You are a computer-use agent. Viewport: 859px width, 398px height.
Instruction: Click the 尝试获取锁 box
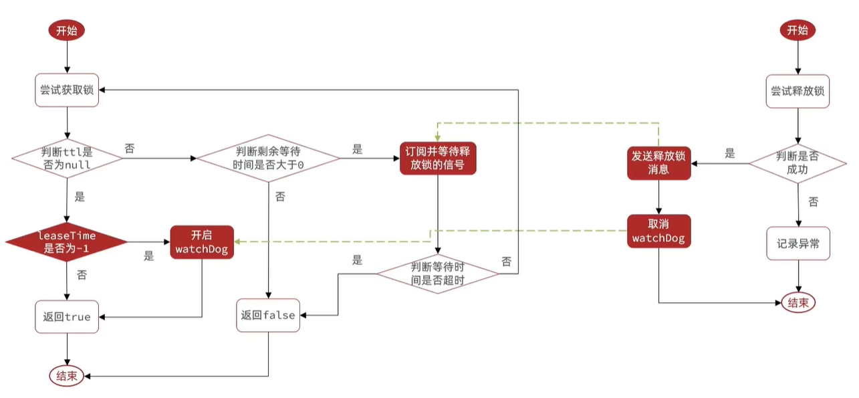67,90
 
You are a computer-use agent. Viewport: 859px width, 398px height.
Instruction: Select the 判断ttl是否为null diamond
67,159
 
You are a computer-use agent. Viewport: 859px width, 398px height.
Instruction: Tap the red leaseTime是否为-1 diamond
67,241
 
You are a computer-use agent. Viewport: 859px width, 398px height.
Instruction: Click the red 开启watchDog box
202,242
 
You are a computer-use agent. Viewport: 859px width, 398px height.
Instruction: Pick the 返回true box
67,316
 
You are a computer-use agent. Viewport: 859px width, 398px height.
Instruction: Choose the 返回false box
268,315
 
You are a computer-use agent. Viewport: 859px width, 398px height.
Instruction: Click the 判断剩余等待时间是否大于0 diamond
268,159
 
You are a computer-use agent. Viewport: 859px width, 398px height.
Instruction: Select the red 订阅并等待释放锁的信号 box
438,158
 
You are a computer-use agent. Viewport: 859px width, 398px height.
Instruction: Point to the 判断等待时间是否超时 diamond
438,273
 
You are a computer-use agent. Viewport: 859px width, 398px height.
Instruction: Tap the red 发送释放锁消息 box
659,163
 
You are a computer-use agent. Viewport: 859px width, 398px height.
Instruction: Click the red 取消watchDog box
659,231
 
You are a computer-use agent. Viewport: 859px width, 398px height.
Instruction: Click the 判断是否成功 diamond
798,163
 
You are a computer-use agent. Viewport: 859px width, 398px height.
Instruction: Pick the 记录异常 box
798,244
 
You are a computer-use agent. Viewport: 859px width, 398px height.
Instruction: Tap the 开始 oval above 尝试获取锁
67,30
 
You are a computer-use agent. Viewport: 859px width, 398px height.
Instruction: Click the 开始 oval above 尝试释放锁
798,30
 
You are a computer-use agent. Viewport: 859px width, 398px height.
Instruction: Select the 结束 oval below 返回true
67,375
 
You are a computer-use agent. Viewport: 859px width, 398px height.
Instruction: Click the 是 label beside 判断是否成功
730,154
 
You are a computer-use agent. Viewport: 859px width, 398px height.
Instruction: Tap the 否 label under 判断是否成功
813,201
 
